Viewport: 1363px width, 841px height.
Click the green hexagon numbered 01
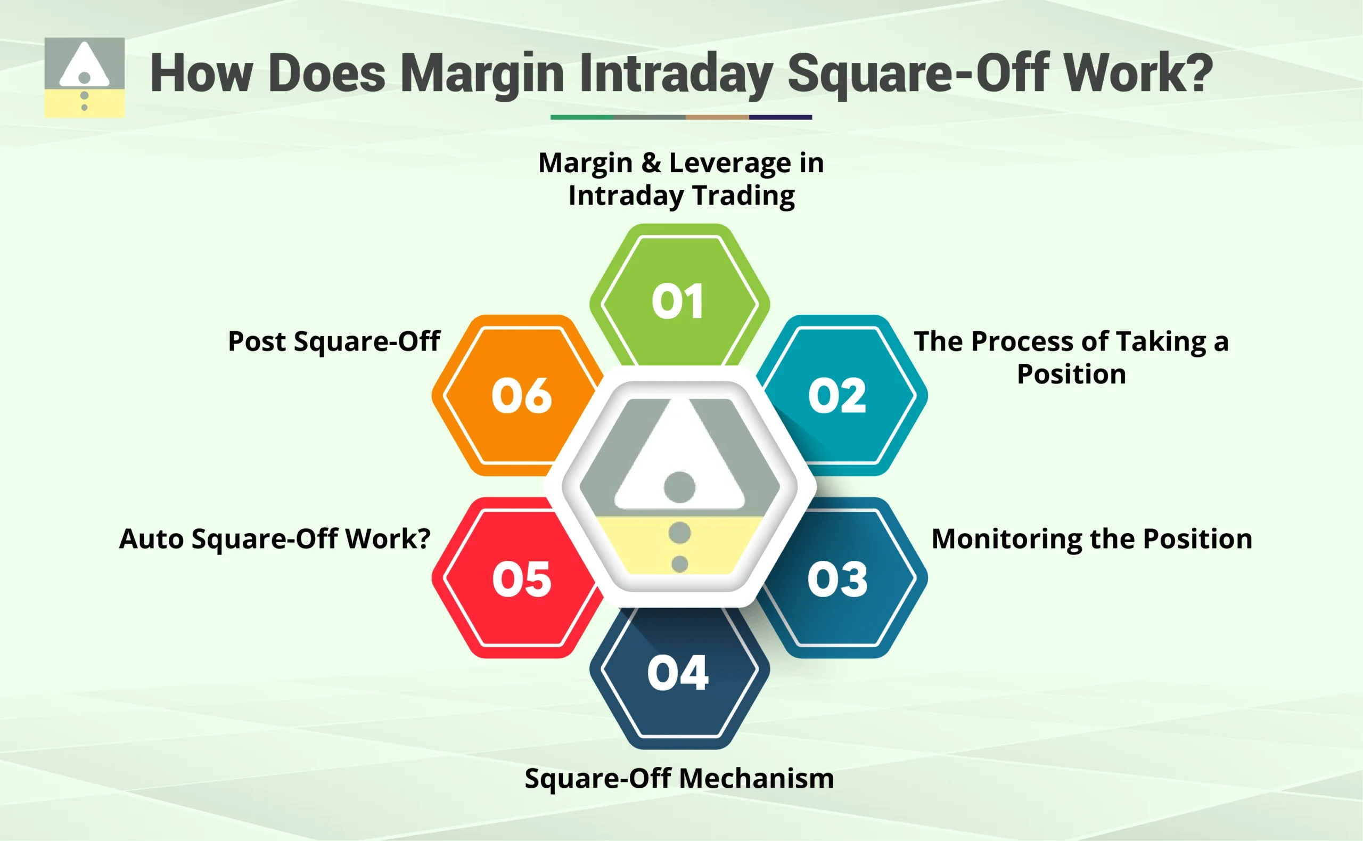[x=679, y=300]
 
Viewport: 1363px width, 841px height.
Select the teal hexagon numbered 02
[x=837, y=395]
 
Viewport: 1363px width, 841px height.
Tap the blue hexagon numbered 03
[x=837, y=578]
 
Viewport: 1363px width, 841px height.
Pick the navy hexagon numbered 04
[x=679, y=673]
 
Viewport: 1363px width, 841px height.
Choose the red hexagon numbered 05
[x=521, y=578]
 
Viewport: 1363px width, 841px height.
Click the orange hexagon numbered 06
[x=521, y=395]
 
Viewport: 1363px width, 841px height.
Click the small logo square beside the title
[x=85, y=77]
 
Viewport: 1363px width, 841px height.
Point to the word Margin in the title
[x=482, y=74]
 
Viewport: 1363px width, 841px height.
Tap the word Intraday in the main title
[x=676, y=74]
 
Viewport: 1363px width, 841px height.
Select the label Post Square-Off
[x=334, y=341]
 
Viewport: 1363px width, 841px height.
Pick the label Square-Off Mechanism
[x=679, y=778]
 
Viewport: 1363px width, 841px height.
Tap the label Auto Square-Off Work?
[x=275, y=538]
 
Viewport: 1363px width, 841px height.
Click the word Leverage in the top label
[x=730, y=163]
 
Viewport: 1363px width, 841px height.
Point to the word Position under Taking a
[x=1071, y=374]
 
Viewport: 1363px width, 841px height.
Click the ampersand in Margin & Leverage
[x=651, y=163]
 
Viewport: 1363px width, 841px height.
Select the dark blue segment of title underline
[x=780, y=117]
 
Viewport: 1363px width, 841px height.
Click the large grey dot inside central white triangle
[x=679, y=487]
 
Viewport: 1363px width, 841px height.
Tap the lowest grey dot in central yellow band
[x=679, y=564]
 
